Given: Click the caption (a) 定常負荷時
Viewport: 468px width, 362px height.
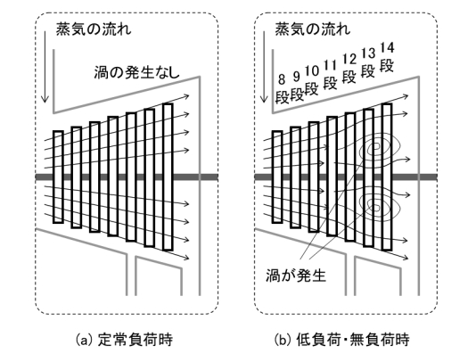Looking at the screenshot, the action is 124,340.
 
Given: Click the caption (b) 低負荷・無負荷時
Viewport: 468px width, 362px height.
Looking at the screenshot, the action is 341,340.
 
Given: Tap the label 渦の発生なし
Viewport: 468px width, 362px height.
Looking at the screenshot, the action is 137,72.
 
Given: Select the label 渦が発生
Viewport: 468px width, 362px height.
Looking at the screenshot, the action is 295,276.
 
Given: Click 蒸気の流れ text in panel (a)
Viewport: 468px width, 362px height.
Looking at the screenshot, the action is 94,29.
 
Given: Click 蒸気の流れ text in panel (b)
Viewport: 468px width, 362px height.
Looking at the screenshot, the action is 313,29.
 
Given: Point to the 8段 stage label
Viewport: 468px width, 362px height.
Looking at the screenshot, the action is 282,88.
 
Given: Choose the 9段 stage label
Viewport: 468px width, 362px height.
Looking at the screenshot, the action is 296,86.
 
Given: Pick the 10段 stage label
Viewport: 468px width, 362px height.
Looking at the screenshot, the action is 312,80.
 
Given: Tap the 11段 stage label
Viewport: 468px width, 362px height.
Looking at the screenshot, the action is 330,75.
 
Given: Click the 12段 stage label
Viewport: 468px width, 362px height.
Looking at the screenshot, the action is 349,69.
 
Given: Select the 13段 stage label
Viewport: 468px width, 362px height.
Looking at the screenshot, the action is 368,63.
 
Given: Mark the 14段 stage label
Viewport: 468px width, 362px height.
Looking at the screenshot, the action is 387,57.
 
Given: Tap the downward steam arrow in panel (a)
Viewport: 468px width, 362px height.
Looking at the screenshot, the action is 45,67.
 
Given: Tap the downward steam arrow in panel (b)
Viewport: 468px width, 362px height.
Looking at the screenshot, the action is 264,67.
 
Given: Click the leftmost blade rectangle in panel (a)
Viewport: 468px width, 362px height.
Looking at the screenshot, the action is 58,177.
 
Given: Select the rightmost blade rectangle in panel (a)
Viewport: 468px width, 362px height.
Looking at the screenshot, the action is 168,177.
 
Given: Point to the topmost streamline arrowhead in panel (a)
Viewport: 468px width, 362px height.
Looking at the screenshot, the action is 186,96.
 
